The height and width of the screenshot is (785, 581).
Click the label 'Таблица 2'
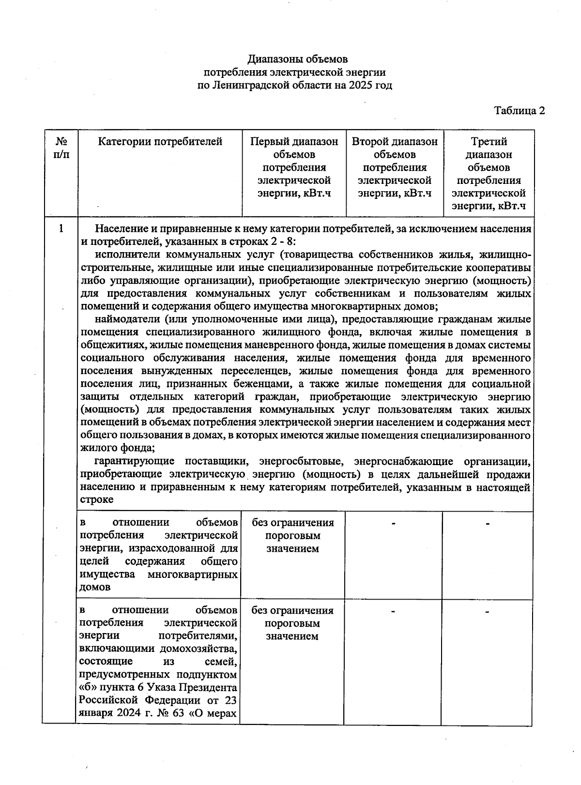tap(519, 110)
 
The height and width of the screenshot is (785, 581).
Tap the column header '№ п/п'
tap(61, 148)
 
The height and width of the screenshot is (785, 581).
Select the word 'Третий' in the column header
tap(489, 142)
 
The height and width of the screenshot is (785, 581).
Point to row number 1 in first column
tap(61, 228)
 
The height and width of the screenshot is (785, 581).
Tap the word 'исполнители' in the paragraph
tap(127, 255)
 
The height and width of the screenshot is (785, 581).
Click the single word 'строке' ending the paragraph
tap(97, 499)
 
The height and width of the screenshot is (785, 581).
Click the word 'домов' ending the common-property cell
tap(95, 588)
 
